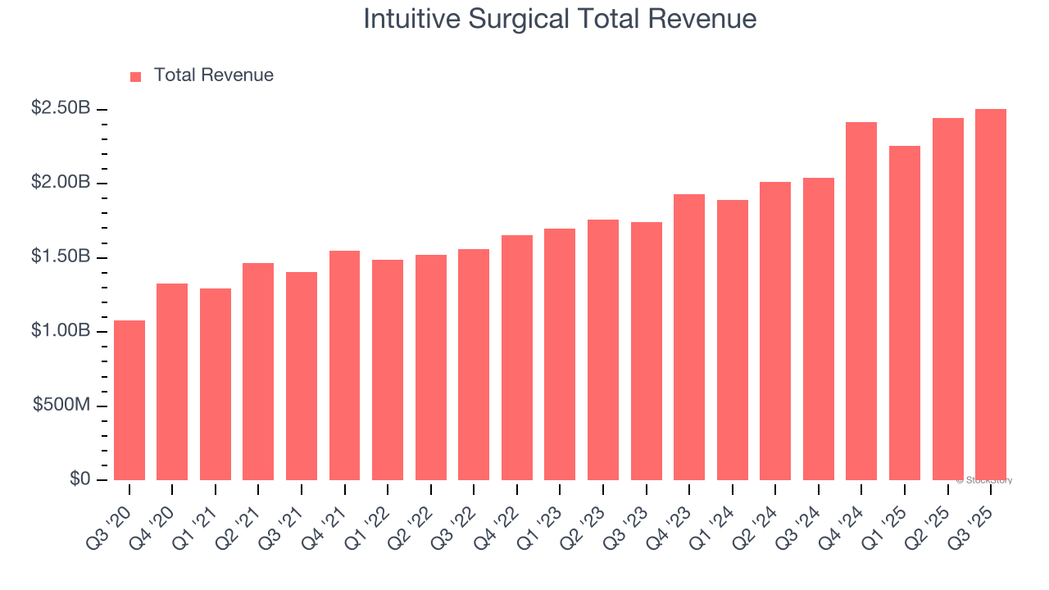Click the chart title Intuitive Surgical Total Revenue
coord(559,19)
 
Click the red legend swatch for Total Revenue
coord(136,76)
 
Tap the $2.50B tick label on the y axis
coord(61,108)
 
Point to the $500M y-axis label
coord(61,406)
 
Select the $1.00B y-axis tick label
coord(61,331)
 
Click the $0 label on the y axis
coord(80,479)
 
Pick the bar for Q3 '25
coord(991,294)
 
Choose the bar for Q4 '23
coord(689,337)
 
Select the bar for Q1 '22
coord(388,370)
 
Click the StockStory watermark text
coord(984,480)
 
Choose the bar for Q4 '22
coord(517,357)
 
